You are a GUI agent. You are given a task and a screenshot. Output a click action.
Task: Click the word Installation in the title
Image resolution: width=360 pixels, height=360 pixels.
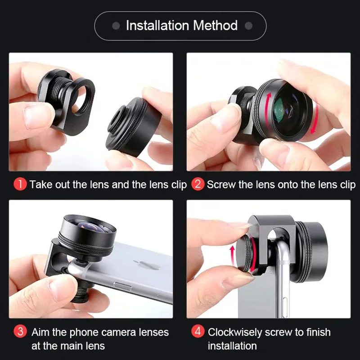155,26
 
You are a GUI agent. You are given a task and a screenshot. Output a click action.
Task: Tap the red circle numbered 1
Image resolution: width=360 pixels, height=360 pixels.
21,184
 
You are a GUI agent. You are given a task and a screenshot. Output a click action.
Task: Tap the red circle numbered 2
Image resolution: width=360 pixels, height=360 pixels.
198,184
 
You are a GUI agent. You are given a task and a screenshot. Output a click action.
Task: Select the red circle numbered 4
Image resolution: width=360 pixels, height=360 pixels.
198,333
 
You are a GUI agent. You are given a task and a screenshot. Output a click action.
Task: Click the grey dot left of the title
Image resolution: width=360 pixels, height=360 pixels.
116,26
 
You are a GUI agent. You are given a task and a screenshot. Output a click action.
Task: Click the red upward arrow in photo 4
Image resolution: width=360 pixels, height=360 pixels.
233,254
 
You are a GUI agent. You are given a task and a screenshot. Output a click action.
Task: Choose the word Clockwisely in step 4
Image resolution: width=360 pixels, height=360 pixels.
236,333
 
